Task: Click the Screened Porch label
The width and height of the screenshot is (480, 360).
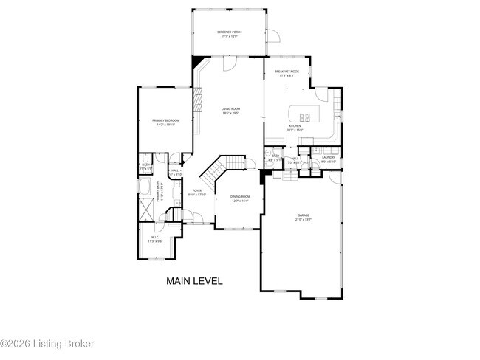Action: [x=230, y=35]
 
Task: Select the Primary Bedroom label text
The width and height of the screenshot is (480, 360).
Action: [x=166, y=122]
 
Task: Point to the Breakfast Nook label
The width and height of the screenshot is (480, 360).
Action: [x=285, y=73]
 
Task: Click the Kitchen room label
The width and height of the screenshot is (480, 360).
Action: [x=295, y=128]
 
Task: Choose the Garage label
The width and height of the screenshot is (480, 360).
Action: [x=304, y=217]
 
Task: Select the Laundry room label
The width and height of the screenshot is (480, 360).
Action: [x=329, y=159]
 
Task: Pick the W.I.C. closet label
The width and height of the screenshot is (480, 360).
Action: [x=154, y=240]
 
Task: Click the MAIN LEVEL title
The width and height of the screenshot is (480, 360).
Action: [x=193, y=281]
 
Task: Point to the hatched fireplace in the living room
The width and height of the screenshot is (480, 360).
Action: [x=198, y=100]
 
